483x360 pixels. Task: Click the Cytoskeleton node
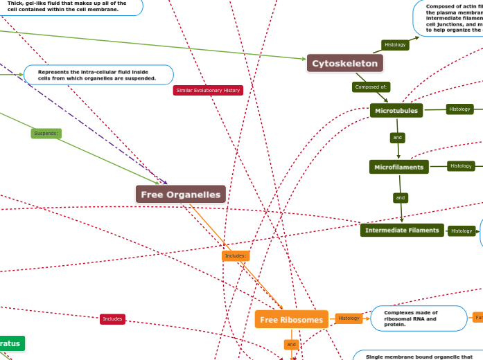click(345, 64)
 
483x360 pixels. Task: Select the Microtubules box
click(396, 110)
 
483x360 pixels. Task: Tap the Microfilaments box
click(399, 167)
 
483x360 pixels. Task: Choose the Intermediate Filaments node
click(402, 230)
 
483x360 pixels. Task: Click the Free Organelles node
click(181, 195)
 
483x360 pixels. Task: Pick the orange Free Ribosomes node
click(292, 320)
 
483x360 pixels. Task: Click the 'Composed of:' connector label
click(371, 87)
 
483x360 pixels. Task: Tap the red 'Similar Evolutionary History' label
click(208, 90)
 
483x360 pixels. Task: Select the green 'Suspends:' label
click(46, 133)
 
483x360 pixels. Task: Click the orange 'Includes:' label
click(235, 256)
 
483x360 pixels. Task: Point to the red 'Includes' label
click(112, 319)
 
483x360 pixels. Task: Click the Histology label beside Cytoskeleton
click(395, 45)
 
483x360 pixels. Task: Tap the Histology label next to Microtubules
click(459, 109)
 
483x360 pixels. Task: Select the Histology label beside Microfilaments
click(461, 165)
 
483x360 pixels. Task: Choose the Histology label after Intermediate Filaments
click(461, 231)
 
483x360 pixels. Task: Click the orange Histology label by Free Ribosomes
click(349, 318)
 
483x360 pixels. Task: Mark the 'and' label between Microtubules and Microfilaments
click(398, 138)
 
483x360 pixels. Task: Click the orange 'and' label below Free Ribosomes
click(291, 344)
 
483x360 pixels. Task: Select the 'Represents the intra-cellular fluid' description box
click(98, 75)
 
